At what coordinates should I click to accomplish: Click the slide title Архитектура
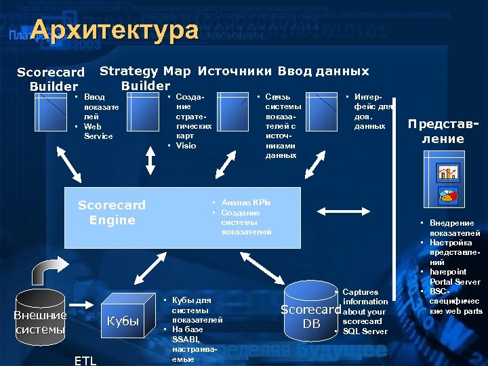click(x=115, y=30)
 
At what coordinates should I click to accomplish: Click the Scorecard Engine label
click(x=112, y=212)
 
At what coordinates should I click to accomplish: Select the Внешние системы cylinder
click(x=40, y=319)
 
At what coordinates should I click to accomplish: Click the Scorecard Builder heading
click(x=51, y=79)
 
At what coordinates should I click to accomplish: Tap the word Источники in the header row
click(x=235, y=71)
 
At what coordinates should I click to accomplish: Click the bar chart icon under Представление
click(x=448, y=172)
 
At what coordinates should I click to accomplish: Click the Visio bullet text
click(x=186, y=146)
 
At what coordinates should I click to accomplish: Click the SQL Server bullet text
click(x=365, y=331)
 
